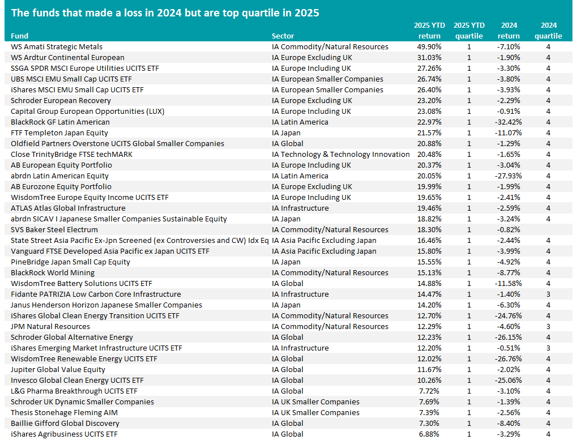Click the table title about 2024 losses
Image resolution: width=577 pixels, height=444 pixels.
[x=165, y=13]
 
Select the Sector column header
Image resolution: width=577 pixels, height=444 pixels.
[x=283, y=36]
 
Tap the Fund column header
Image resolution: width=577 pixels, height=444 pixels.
[x=19, y=36]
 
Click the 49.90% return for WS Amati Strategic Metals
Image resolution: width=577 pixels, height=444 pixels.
[x=429, y=47]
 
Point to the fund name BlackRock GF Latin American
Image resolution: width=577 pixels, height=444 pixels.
[x=60, y=122]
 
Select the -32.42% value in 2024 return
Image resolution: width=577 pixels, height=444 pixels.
[x=508, y=122]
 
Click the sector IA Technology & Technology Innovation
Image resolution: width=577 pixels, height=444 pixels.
[x=340, y=155]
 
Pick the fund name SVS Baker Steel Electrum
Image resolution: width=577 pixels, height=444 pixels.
[x=54, y=230]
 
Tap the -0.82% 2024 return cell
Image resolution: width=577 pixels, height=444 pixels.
[x=508, y=230]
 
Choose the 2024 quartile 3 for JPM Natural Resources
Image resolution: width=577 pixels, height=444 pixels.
[x=548, y=327]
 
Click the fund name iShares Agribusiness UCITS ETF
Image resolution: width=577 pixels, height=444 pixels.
[x=64, y=434]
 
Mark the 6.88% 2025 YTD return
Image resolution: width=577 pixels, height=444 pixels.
[x=429, y=434]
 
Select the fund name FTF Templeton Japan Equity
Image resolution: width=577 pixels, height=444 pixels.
[x=59, y=133]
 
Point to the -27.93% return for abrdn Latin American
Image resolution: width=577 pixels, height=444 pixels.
[x=508, y=176]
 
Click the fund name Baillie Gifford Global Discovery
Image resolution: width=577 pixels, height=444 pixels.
[x=65, y=424]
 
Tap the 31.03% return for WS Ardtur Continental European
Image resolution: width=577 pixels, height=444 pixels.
[x=429, y=57]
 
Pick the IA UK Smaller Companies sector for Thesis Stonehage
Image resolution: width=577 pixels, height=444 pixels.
[x=315, y=413]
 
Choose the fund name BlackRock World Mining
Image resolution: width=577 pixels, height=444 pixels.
[x=53, y=273]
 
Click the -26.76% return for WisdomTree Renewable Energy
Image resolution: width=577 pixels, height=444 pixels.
[x=508, y=359]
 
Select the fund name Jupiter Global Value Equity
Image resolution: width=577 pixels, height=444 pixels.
[x=58, y=370]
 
